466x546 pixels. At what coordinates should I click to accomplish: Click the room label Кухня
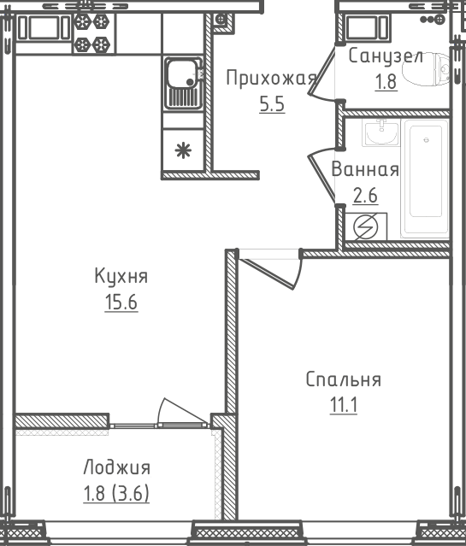click(121, 276)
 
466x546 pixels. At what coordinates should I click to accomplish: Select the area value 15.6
click(121, 302)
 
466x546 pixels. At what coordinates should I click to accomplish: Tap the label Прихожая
click(270, 79)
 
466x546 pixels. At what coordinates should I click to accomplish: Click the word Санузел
click(386, 57)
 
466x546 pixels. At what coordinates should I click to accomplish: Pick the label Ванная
click(365, 168)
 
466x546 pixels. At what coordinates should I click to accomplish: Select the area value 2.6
click(365, 195)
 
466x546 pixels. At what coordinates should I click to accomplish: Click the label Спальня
click(343, 379)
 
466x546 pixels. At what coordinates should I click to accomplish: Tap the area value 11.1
click(343, 405)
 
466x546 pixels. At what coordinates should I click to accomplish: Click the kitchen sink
click(182, 82)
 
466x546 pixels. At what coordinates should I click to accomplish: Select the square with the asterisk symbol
click(182, 151)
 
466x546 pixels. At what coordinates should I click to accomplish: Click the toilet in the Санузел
click(435, 71)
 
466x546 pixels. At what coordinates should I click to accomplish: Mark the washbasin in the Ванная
click(379, 132)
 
